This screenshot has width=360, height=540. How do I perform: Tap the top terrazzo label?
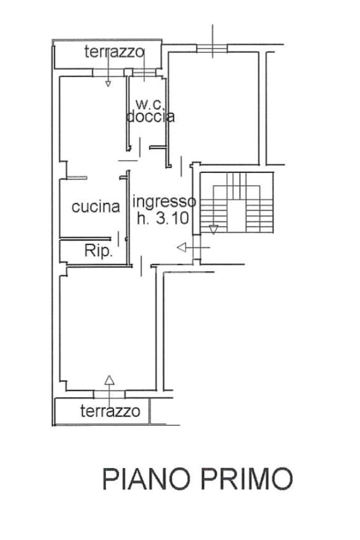[114, 52]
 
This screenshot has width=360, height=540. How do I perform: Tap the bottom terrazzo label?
[110, 410]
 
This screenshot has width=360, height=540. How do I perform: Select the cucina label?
[95, 207]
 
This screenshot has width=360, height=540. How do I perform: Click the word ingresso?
[164, 201]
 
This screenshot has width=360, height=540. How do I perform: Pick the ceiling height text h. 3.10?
[162, 218]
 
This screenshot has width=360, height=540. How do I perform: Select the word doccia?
[150, 117]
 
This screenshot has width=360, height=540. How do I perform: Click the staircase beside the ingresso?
[237, 203]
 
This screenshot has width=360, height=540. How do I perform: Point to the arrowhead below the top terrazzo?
[108, 83]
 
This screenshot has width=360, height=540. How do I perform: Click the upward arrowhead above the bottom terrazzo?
[109, 379]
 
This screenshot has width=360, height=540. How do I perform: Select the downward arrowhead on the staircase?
[213, 229]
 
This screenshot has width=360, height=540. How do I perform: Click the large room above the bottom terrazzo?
[108, 327]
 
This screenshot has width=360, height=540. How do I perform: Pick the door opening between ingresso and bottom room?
[142, 265]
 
